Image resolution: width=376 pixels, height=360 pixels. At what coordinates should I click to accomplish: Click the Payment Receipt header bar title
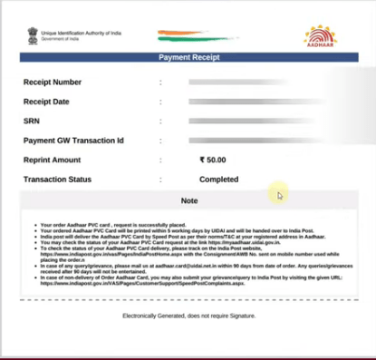coord(188,56)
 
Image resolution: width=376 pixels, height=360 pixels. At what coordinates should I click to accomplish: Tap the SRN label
coord(32,121)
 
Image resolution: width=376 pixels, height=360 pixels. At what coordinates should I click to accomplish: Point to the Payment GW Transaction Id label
coord(73,141)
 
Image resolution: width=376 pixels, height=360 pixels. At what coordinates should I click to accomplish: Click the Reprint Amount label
coord(53,160)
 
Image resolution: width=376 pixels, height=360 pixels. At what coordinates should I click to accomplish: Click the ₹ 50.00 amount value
coord(215,160)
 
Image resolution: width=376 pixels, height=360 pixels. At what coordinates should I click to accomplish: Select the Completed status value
coord(218,180)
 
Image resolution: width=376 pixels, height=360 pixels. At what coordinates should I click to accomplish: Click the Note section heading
coord(188,200)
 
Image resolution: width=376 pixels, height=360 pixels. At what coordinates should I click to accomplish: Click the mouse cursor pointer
coord(280,194)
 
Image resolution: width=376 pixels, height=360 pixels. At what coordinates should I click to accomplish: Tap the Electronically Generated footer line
coord(188,316)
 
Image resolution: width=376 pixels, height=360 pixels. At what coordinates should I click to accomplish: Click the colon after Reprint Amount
coord(160,160)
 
